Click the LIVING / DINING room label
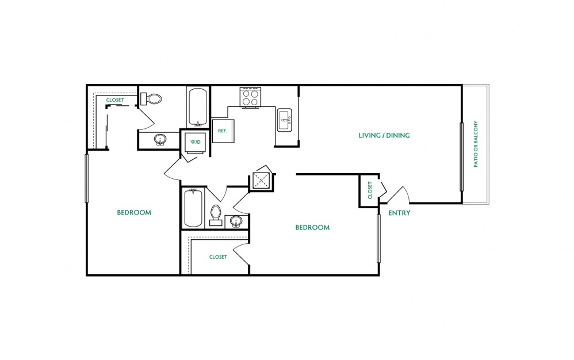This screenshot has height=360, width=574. tap(384, 135)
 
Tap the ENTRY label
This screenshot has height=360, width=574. tap(399, 213)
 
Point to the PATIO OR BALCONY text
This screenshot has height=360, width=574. tap(476, 144)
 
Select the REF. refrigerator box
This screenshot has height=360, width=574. tap(223, 130)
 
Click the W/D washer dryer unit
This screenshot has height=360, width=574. tap(196, 142)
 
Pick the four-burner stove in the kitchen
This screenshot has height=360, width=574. tap(250, 97)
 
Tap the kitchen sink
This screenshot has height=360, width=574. tap(285, 120)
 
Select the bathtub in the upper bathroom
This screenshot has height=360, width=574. tap(198, 107)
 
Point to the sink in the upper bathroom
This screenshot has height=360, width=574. tap(160, 140)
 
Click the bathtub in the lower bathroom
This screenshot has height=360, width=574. tap(193, 208)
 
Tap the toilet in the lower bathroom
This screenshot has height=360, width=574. tap(216, 215)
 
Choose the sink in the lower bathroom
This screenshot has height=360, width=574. tap(236, 221)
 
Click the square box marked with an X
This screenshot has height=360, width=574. tap(261, 179)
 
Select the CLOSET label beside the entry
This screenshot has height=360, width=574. tap(370, 190)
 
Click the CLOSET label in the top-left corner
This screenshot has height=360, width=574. tap(115, 100)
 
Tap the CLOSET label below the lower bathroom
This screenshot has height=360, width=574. tap(218, 257)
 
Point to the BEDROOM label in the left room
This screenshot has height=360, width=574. tap(134, 213)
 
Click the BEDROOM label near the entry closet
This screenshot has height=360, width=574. tap(312, 228)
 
